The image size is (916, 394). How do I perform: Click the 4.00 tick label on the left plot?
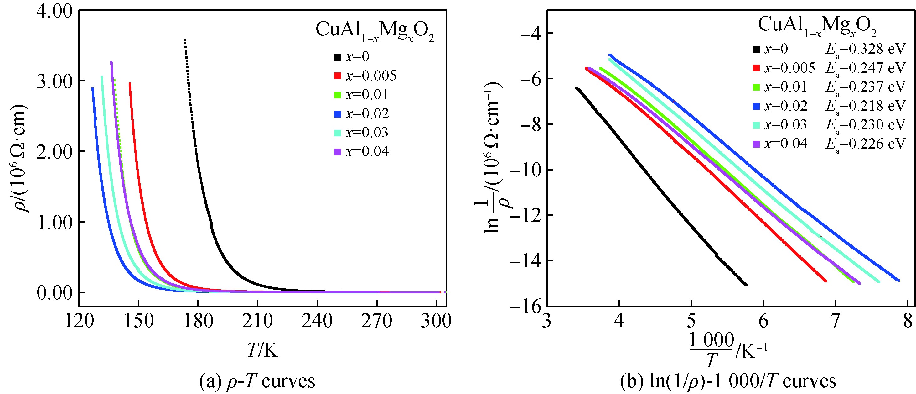[x=54, y=11]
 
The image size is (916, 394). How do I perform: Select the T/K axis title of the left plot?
[x=262, y=350]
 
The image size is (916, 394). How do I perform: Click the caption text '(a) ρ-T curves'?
[x=257, y=381]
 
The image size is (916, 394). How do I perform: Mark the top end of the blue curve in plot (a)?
[x=93, y=89]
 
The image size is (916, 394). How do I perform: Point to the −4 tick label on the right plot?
[x=531, y=34]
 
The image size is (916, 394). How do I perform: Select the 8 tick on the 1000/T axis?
[x=907, y=321]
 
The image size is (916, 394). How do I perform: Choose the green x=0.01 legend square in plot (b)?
[x=757, y=87]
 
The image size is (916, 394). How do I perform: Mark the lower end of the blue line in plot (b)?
[x=898, y=280]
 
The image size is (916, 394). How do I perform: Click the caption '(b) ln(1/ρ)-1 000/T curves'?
[x=728, y=381]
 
